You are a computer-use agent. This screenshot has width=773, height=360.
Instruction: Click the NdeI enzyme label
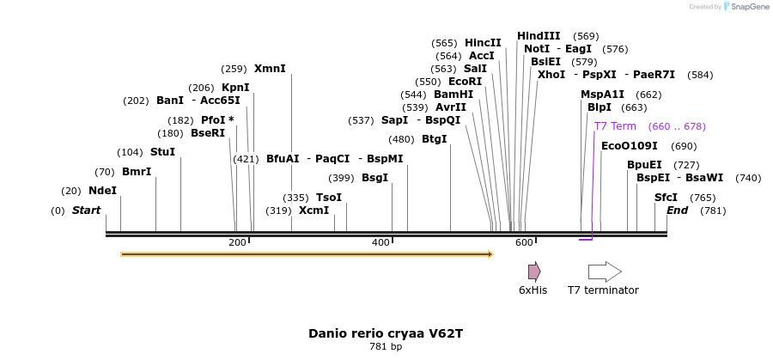coord(102,191)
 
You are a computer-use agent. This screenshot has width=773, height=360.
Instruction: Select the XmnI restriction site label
coord(270,69)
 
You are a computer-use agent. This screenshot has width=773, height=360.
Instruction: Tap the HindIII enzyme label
coord(539,36)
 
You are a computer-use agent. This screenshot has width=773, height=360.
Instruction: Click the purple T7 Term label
coord(615,126)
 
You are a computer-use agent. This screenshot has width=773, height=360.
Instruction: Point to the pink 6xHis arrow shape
coord(534,272)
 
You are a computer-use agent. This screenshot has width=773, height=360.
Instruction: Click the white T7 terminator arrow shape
coord(605,272)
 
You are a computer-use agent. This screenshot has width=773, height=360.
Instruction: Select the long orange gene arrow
coord(307,254)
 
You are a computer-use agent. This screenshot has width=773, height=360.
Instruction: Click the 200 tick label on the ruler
coord(238,243)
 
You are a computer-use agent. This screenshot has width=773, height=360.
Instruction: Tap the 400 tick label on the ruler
coord(380,243)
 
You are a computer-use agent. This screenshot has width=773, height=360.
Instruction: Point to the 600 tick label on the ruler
coord(524,243)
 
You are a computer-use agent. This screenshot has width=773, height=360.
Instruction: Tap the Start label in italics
coord(86,211)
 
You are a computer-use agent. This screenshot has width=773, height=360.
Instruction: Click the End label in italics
coord(677,211)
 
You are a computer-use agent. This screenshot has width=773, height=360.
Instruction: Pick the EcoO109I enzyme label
coord(630,146)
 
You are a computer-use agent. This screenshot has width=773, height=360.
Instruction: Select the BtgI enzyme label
coord(435,139)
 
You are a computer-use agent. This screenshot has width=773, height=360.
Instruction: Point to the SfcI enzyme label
coord(666,198)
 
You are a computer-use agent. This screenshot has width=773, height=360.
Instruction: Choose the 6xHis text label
coord(533,290)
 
